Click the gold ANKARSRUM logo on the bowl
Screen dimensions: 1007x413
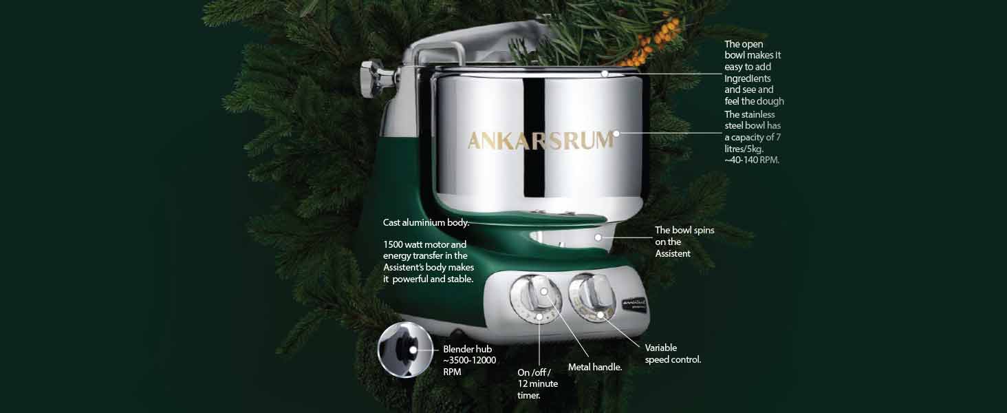click(541, 140)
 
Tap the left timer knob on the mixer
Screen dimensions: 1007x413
click(536, 298)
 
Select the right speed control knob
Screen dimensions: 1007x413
click(592, 297)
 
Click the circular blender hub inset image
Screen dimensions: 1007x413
click(405, 350)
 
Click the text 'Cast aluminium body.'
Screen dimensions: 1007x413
click(426, 223)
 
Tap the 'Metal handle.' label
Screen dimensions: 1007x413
click(595, 367)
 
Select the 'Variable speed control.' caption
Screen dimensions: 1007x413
click(673, 354)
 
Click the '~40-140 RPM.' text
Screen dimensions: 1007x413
click(752, 160)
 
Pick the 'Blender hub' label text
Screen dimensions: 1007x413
click(468, 349)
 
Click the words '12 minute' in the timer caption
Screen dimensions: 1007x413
click(538, 384)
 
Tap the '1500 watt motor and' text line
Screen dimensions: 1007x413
click(425, 245)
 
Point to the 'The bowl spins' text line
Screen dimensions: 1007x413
click(684, 231)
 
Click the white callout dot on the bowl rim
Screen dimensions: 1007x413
click(605, 74)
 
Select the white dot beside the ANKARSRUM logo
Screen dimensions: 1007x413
click(616, 134)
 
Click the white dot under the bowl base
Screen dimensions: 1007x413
click(598, 237)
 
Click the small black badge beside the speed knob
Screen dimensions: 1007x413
click(634, 304)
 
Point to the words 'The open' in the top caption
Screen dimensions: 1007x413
click(744, 44)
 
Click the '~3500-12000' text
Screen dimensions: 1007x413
click(469, 361)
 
